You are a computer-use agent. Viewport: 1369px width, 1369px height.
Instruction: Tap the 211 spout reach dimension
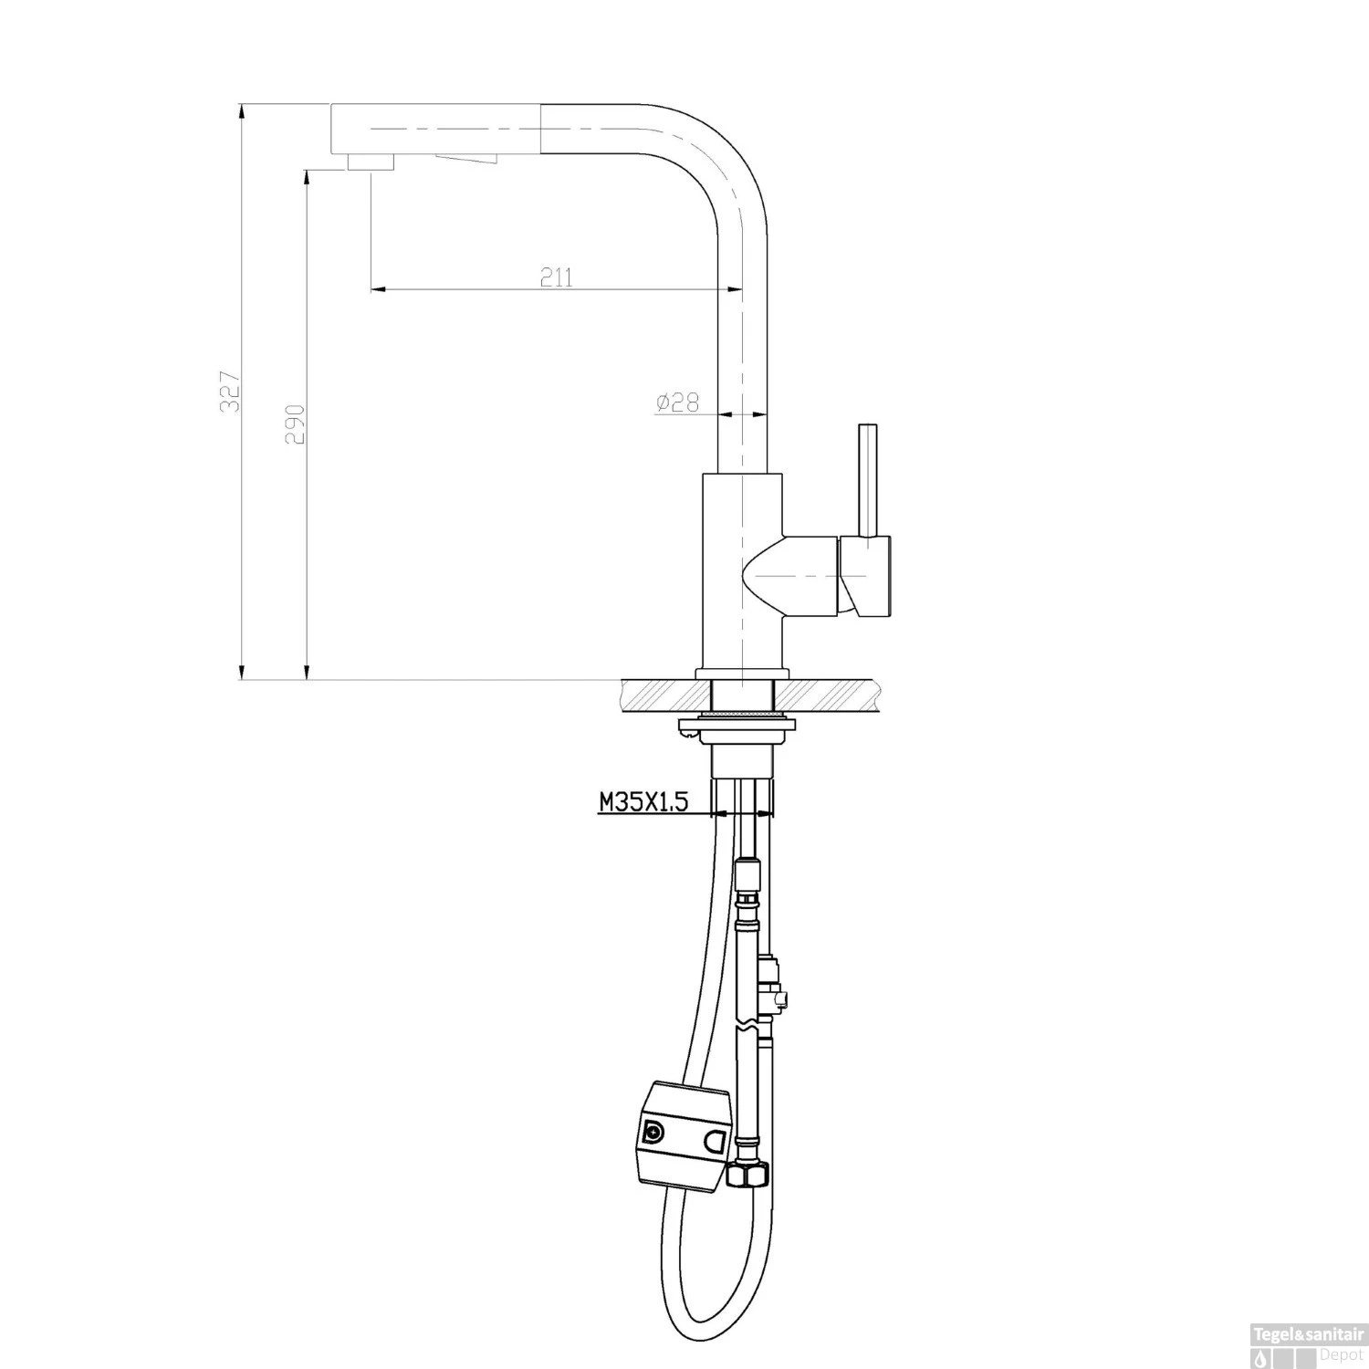pos(556,277)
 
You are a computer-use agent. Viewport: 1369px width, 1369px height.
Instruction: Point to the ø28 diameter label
pos(676,402)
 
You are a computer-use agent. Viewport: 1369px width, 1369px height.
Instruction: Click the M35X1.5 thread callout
pos(643,802)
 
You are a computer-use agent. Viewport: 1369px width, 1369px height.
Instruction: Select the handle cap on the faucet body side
pos(867,577)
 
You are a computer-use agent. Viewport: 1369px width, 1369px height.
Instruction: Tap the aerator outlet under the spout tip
pos(370,162)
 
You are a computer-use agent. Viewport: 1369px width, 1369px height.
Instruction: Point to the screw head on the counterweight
pos(653,1133)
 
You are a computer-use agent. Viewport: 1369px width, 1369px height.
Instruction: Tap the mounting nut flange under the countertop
pos(738,727)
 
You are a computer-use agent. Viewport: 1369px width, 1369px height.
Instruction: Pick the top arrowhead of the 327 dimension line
pos(241,110)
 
